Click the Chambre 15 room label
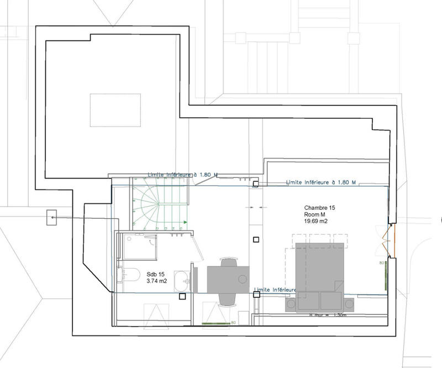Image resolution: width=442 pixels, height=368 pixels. [319, 208]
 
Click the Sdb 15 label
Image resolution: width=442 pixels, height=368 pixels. [156, 274]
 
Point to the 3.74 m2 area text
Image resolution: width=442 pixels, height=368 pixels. [157, 281]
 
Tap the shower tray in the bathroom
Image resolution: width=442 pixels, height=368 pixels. [139, 246]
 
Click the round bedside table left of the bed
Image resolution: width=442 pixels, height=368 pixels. [290, 304]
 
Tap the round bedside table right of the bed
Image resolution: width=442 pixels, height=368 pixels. [349, 304]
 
